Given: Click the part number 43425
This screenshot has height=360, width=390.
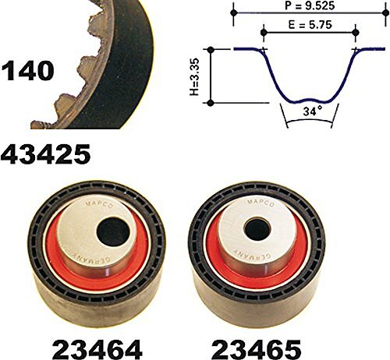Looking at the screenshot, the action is (46, 154).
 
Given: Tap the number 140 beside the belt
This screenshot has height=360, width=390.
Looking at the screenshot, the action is (28, 70).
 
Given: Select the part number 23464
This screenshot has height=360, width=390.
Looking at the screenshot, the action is (97, 349).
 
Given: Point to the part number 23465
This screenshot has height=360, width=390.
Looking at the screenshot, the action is (256, 349).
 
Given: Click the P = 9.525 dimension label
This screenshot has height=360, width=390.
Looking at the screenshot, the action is (310, 5).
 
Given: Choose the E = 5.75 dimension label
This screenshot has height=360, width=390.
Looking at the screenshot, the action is (310, 25).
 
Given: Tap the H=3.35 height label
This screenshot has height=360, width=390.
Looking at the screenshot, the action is (194, 76).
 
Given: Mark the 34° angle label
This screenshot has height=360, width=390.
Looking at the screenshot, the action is (312, 111).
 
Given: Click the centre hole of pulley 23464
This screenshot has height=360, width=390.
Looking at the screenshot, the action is (113, 232).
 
